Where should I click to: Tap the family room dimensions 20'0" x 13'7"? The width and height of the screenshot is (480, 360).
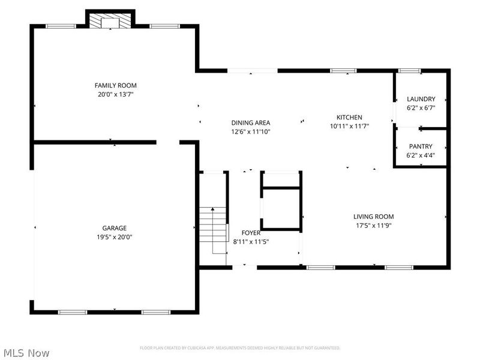(113, 94)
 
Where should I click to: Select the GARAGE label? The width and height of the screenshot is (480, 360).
(114, 228)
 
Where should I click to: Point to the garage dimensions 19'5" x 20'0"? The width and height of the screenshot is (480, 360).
(114, 237)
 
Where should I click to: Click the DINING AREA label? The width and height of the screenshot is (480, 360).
(251, 122)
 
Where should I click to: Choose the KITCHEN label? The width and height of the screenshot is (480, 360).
(349, 117)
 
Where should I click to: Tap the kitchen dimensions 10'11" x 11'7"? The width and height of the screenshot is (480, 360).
(349, 126)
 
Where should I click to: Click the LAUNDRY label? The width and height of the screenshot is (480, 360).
(421, 99)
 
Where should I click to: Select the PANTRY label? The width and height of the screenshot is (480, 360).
(421, 146)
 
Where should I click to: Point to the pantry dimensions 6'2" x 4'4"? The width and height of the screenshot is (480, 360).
(421, 155)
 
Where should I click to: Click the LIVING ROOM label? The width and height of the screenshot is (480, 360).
(373, 217)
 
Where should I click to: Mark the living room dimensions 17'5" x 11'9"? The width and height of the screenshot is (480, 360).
(373, 226)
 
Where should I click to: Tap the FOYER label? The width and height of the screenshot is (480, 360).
(251, 233)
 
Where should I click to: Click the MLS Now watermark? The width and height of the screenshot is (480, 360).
(26, 353)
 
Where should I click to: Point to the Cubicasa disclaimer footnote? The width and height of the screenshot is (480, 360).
(240, 348)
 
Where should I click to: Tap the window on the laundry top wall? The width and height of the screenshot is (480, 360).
(410, 71)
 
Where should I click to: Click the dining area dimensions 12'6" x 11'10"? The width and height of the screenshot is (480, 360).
(251, 131)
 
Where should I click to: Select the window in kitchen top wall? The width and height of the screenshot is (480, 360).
(343, 71)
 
